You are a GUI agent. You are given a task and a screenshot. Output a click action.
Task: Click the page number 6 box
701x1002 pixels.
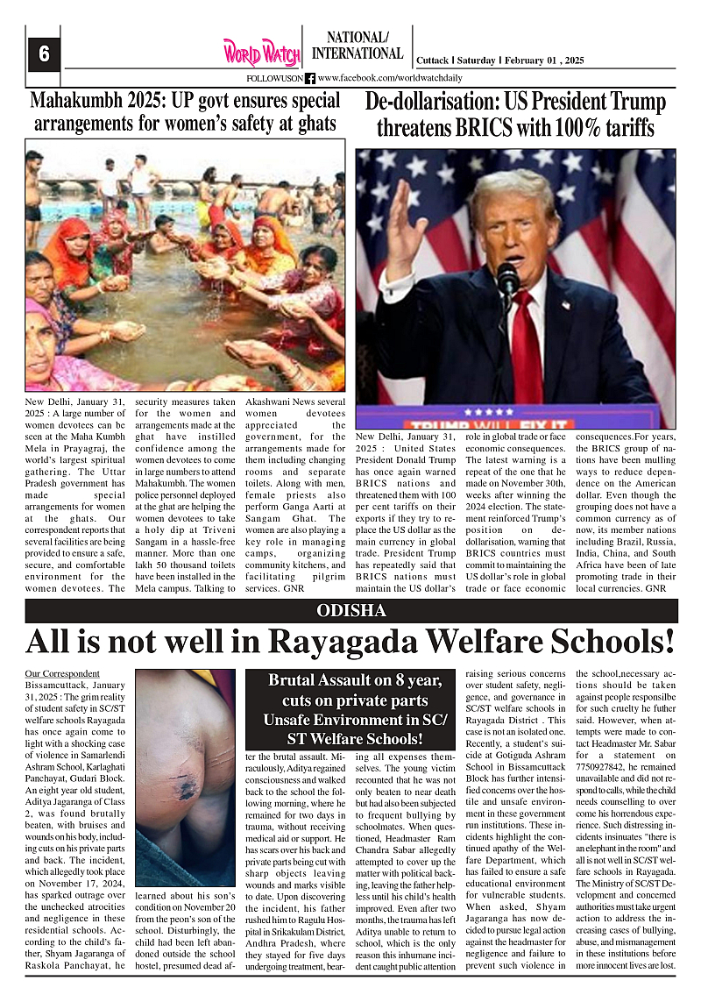point(43,54)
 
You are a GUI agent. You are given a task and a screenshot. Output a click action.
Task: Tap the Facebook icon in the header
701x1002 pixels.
point(309,79)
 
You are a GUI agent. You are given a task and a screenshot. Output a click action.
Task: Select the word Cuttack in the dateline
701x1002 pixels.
point(432,60)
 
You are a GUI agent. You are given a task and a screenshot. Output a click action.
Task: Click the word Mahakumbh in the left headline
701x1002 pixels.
point(79,101)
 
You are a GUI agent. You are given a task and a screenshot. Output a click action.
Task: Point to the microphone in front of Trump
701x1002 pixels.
point(508,281)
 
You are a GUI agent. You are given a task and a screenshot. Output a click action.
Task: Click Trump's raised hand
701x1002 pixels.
point(401,219)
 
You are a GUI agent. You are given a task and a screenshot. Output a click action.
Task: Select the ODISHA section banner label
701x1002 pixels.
point(350,610)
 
